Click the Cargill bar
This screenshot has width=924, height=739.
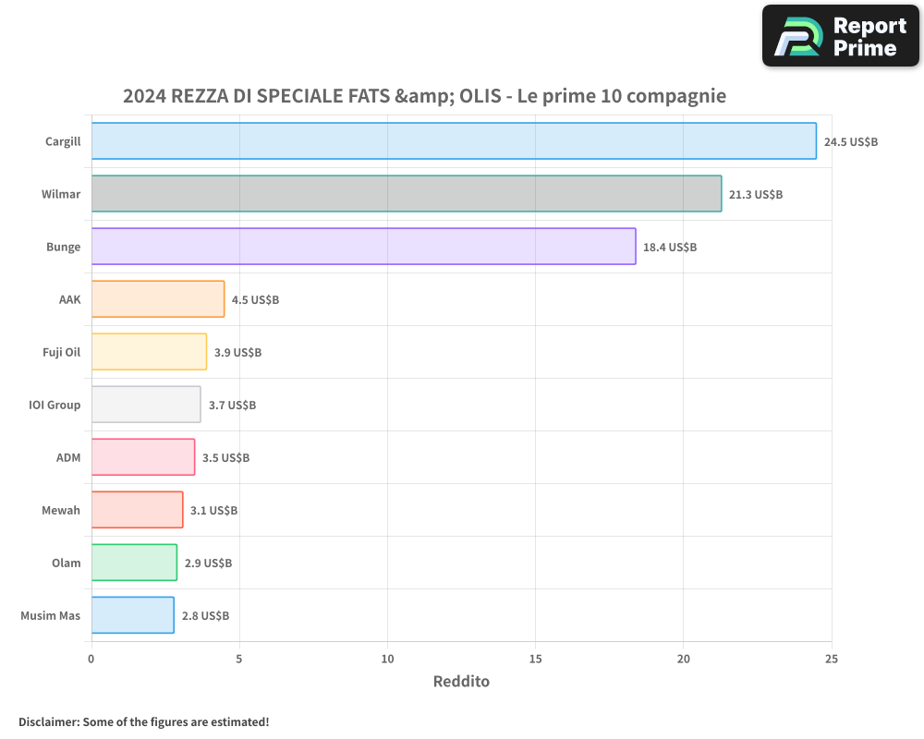coord(454,141)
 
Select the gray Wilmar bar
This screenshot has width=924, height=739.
coord(407,194)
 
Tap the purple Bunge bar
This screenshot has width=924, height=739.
coord(363,247)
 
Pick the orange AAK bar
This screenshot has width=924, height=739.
coord(158,299)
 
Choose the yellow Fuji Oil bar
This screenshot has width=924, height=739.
coord(149,352)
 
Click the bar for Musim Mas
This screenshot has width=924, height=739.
coord(132,615)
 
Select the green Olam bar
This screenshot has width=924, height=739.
coord(134,563)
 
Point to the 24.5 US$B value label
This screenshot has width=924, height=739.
coord(850,142)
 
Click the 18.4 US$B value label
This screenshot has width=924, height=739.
coord(670,248)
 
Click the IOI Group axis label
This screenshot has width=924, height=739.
coord(55,405)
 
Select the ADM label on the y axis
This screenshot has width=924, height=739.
coord(68,457)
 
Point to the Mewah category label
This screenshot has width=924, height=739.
coord(61,510)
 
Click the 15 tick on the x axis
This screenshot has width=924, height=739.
coord(535,660)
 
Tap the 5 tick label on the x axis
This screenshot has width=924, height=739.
coord(239,660)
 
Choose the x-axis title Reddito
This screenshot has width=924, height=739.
coord(461,682)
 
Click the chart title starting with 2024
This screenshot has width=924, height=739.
coord(424,96)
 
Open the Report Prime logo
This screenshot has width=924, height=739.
coord(840,36)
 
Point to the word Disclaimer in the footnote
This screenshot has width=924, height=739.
coord(48,722)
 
